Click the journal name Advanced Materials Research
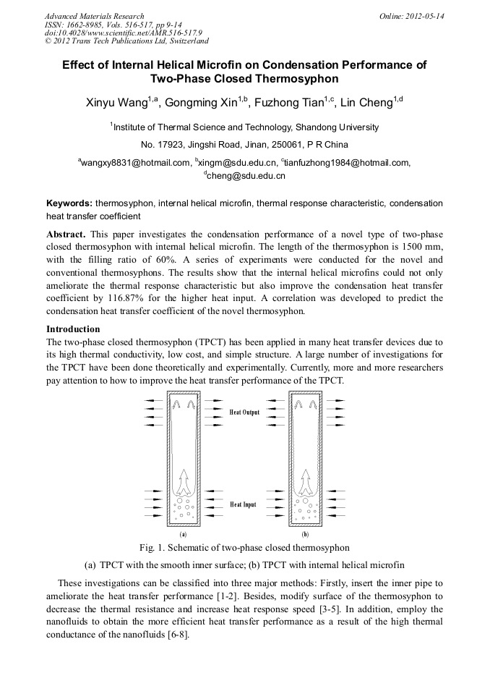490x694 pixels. click(94, 16)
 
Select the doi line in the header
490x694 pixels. click(123, 33)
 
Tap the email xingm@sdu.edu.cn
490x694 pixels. click(238, 164)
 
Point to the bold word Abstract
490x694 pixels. click(67, 235)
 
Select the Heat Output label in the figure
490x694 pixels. click(244, 412)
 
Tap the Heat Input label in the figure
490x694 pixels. click(244, 504)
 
